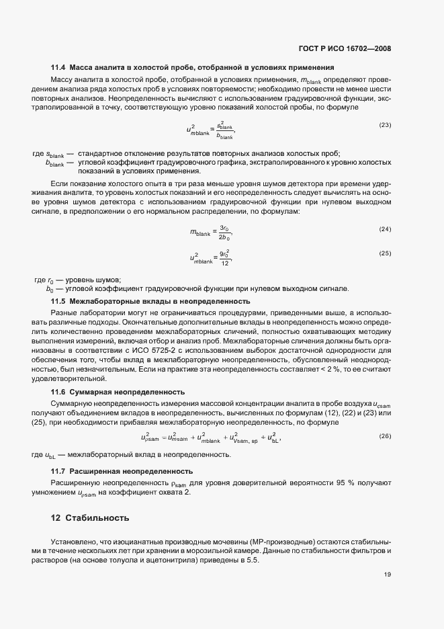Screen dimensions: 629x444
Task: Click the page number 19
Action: tap(388, 575)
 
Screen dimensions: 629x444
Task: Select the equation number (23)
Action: tap(385, 125)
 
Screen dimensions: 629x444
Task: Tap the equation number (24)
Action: tap(385, 229)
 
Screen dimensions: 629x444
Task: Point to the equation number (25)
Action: tap(385, 253)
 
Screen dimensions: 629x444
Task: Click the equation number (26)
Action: tap(385, 437)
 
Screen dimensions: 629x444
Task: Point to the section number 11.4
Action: tap(58, 68)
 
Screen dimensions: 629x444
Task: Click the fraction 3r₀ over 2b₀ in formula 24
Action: tap(226, 233)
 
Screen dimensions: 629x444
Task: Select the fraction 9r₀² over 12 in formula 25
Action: tap(226, 257)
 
